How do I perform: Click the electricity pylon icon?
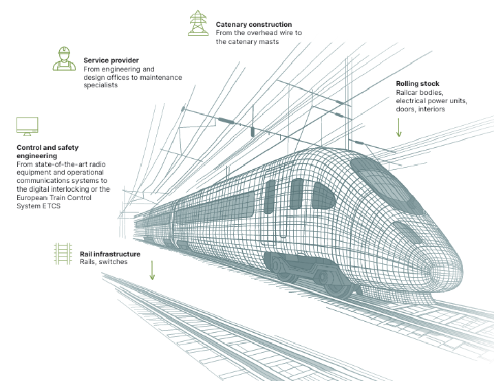pos(198,23)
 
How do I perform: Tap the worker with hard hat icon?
pos(64,59)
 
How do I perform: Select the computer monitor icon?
pos(28,127)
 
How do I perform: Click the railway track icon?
pos(63,254)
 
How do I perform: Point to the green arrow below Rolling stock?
pos(399,128)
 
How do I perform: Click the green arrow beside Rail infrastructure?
pos(152,270)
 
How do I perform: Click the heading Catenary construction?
pos(254,24)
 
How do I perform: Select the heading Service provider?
pos(111,60)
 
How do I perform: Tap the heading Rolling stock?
pos(418,83)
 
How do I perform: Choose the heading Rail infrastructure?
pos(110,254)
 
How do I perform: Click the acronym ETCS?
pos(52,206)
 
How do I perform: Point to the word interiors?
pos(431,109)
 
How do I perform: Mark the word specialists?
pos(100,85)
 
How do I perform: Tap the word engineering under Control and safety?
pos(37,156)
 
